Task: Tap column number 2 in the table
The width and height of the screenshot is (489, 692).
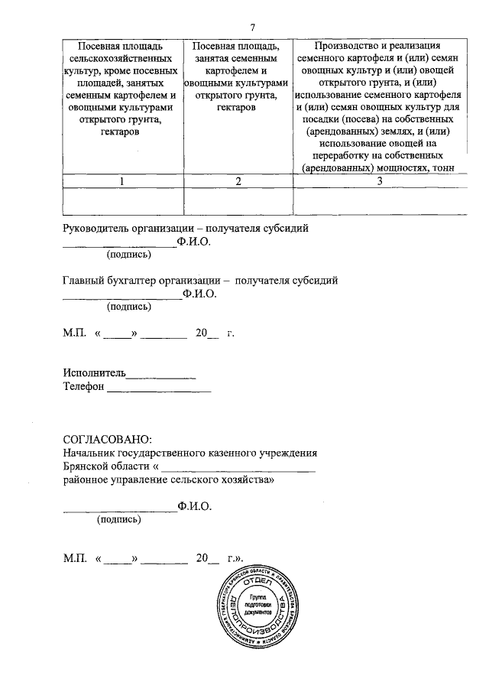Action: [239, 181]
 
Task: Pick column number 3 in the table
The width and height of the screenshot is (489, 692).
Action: [378, 181]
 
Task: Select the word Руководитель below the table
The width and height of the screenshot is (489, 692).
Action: [97, 229]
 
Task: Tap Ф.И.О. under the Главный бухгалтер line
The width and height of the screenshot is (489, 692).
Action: [200, 294]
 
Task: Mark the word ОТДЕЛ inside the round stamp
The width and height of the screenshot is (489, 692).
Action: [257, 583]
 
